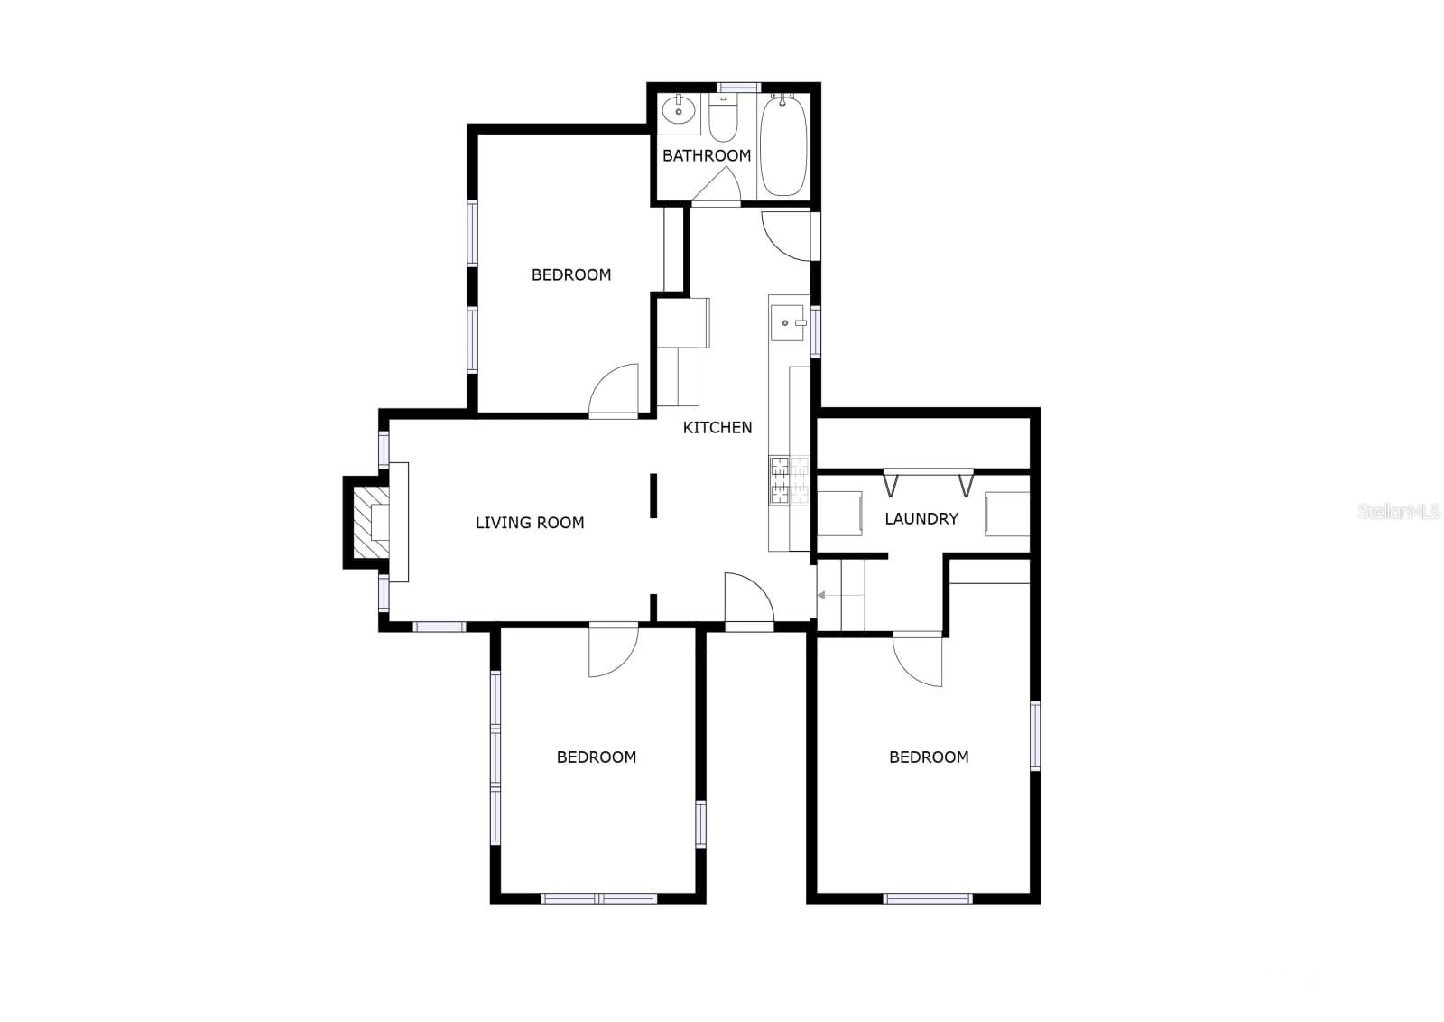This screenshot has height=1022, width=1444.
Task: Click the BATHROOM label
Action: coord(707,155)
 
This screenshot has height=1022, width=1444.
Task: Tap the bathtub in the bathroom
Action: coord(782,145)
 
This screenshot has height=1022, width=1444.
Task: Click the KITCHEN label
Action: coord(717,427)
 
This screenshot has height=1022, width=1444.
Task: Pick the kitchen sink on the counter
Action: coord(788,323)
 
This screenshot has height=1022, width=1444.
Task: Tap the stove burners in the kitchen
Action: coord(779,480)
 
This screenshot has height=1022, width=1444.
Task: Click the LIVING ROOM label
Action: coord(530,522)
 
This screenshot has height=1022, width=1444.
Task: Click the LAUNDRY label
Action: coord(921,518)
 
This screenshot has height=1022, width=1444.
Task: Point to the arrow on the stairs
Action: coord(822,595)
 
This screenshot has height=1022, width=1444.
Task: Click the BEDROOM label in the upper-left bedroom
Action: coord(571,274)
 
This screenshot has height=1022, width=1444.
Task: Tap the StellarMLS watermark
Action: coord(1399,512)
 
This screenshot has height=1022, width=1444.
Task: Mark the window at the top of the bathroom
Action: coord(739,88)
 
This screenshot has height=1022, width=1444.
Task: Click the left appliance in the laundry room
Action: coord(840,514)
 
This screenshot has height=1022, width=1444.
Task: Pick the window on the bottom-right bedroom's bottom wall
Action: coord(927,897)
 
